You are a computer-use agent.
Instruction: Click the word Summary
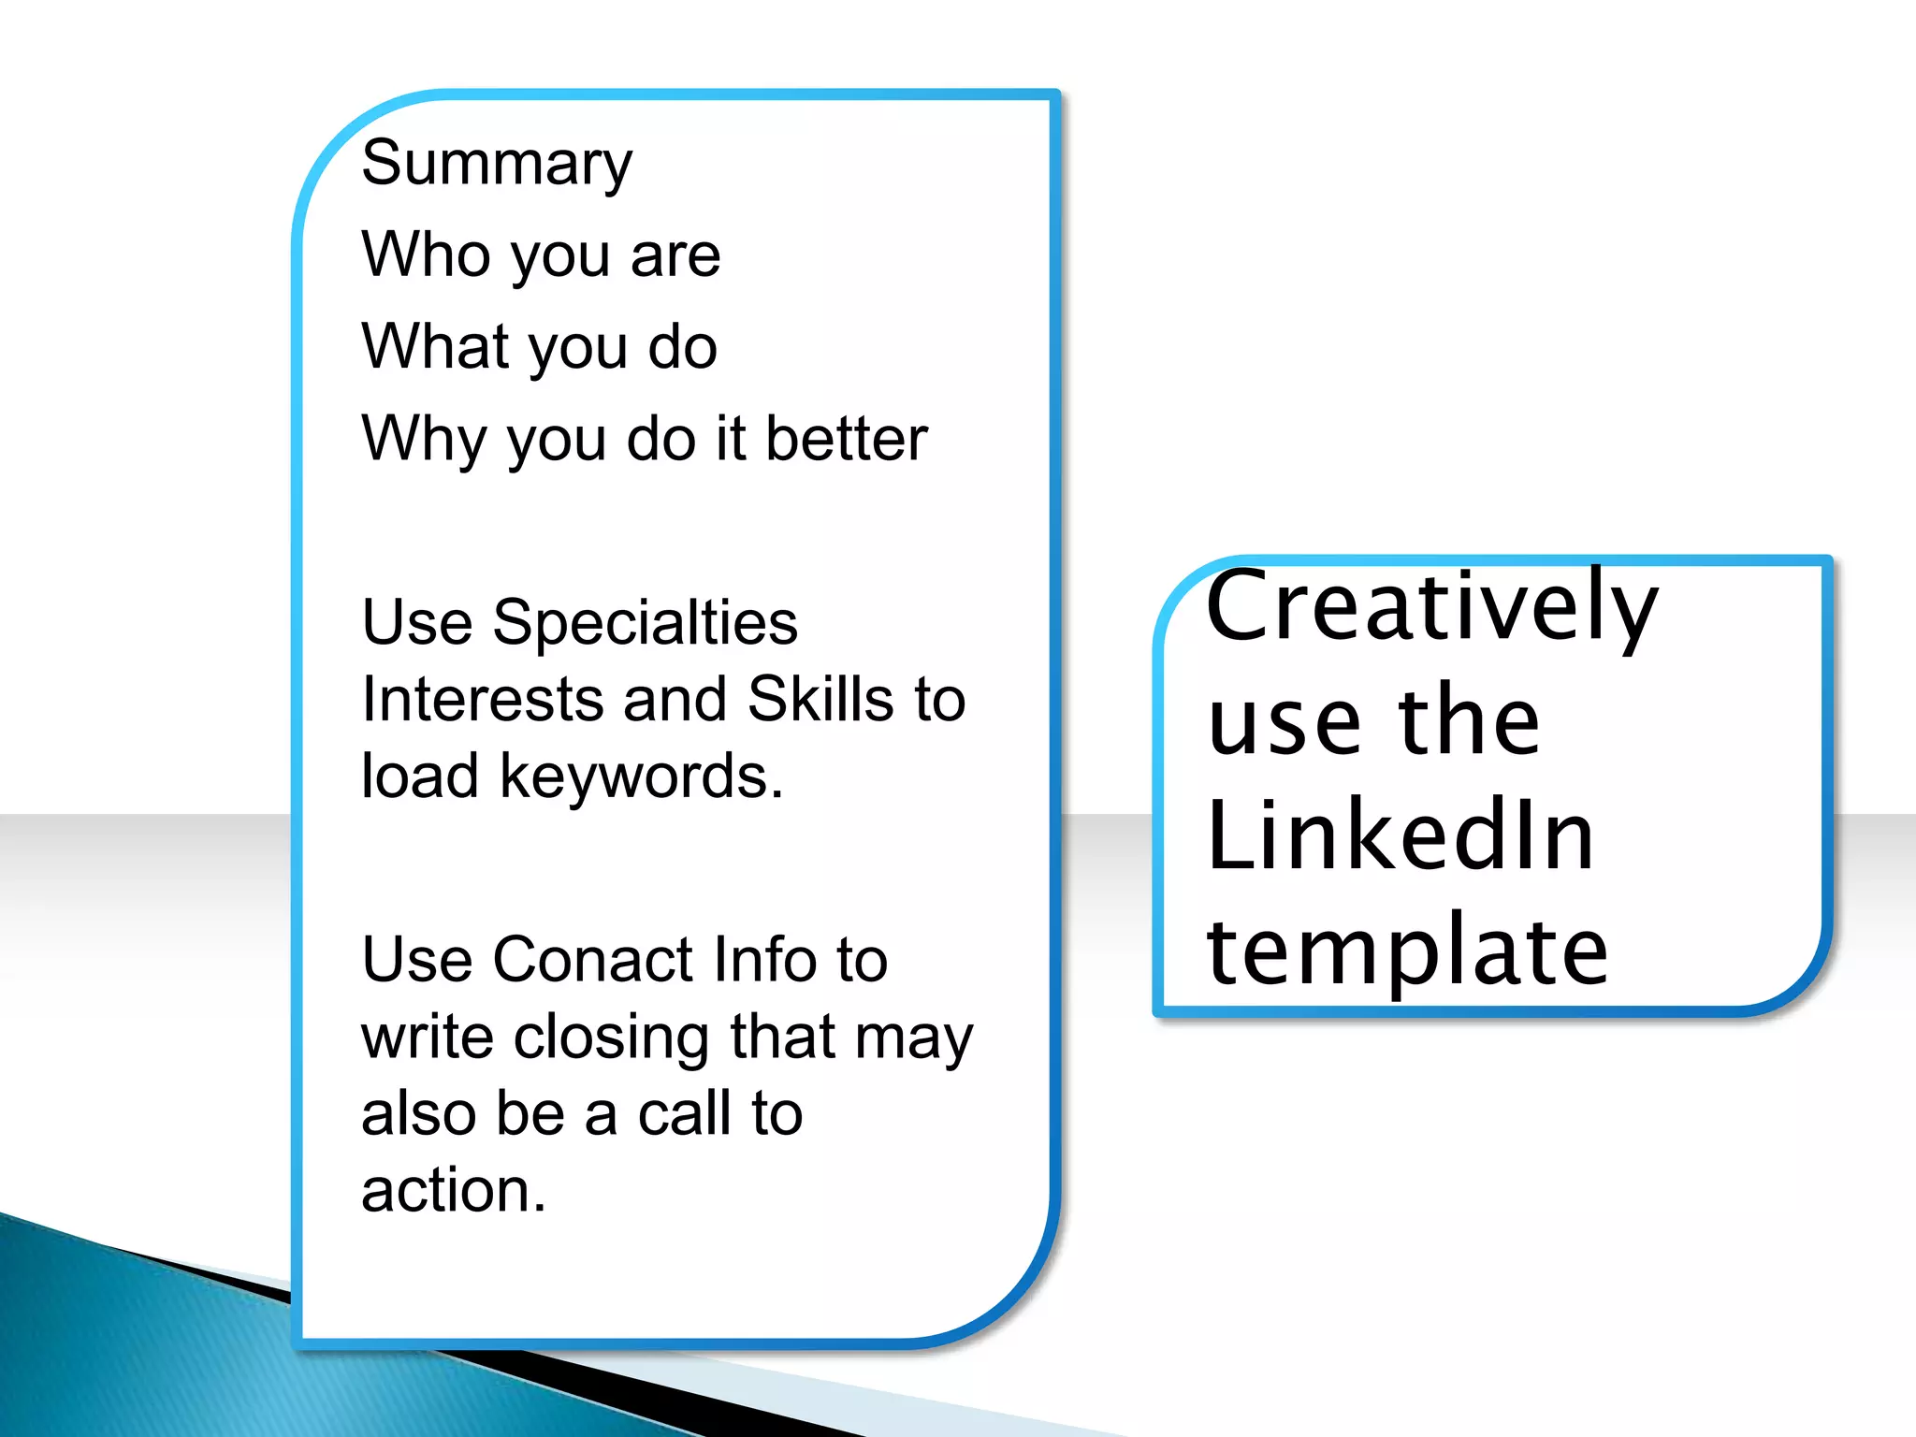click(497, 164)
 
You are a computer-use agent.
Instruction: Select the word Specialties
click(645, 623)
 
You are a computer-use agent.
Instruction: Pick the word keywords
click(641, 776)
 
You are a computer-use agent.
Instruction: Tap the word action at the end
click(453, 1191)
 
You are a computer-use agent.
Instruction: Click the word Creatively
click(1431, 608)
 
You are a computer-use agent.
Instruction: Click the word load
click(420, 776)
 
